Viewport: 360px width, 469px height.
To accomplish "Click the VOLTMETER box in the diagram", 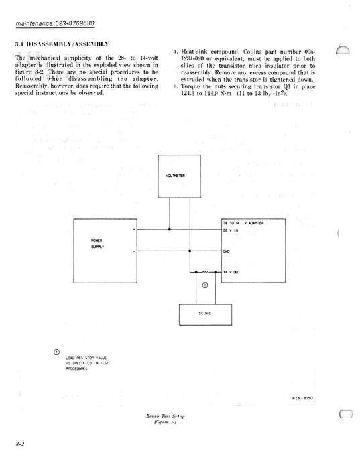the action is tap(178, 176).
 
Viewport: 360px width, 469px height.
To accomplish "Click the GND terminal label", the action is tap(227, 251).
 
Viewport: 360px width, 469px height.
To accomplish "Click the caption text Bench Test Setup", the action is tap(165, 416).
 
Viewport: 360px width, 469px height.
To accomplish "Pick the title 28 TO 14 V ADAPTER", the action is tap(243, 222).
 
